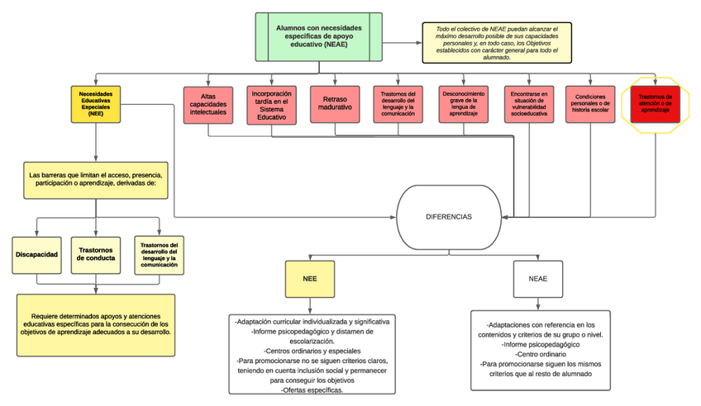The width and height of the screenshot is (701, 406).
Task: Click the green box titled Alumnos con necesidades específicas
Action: point(318,37)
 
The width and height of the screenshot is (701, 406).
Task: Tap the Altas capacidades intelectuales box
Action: point(207,104)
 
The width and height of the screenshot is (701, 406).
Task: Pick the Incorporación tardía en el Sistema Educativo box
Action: point(271,105)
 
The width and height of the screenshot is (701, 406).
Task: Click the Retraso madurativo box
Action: point(335,105)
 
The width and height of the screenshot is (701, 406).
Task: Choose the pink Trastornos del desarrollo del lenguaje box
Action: point(398,104)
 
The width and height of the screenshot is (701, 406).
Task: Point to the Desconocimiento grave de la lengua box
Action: point(463,104)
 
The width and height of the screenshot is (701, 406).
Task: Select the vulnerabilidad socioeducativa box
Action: point(527,104)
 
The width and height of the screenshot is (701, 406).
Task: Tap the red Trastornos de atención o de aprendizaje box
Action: point(655,104)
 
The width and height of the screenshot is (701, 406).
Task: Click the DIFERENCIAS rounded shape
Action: point(449,216)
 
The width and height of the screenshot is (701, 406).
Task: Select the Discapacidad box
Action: point(36,254)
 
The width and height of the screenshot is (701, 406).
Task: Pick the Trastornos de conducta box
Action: point(97,254)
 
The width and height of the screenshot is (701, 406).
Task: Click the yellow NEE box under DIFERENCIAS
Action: point(308,279)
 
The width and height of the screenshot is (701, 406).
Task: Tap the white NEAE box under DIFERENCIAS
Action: point(537,279)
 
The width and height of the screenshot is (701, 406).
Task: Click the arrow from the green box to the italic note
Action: point(402,41)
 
